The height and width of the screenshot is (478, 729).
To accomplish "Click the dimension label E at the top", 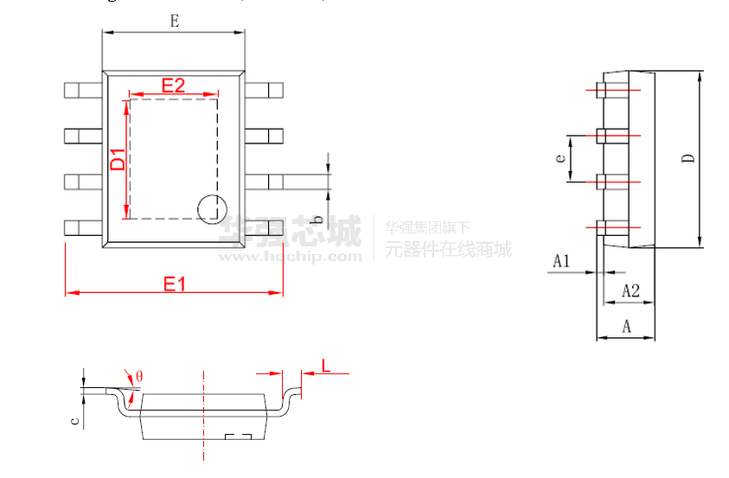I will tap(174, 21).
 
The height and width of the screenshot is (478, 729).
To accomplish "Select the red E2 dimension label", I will tap(174, 85).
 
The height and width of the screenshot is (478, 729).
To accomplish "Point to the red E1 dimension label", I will tap(175, 283).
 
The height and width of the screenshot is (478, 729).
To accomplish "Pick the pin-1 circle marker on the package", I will tap(211, 208).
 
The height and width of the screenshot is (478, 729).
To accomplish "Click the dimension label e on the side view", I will tap(560, 158).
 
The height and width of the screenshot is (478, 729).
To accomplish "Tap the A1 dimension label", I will tap(561, 259).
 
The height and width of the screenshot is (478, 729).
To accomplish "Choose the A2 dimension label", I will tap(630, 291).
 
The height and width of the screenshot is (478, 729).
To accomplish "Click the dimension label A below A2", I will tap(627, 326).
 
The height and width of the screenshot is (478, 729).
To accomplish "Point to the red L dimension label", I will tap(326, 366).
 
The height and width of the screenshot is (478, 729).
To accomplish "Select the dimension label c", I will tap(76, 421).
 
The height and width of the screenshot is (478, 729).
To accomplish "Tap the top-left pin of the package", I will tap(83, 89).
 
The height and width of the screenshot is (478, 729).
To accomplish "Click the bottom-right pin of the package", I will tap(265, 227).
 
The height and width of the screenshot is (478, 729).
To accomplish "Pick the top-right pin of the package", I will tap(265, 89).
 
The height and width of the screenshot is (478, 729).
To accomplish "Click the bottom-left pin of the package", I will tap(83, 227).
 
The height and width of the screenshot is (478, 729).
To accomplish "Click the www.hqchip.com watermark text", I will tap(290, 256).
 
